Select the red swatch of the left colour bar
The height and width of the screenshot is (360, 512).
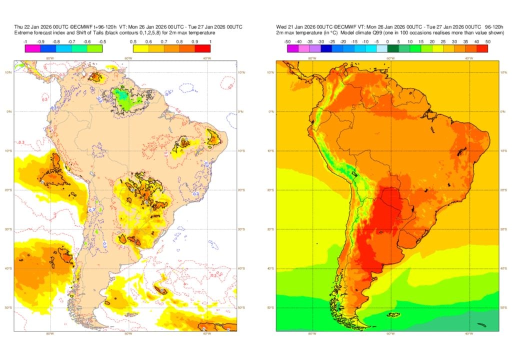[x=202, y=48]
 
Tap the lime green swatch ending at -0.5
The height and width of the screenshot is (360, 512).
[x=94, y=48]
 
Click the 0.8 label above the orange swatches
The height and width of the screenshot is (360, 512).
[x=179, y=41]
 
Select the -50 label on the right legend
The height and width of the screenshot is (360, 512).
[x=287, y=41]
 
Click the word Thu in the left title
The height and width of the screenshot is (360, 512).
[x=18, y=26]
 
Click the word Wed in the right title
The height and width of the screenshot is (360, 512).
[x=281, y=26]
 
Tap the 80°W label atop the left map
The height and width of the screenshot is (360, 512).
[x=49, y=58]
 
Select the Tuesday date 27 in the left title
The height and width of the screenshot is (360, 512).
[x=198, y=26]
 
